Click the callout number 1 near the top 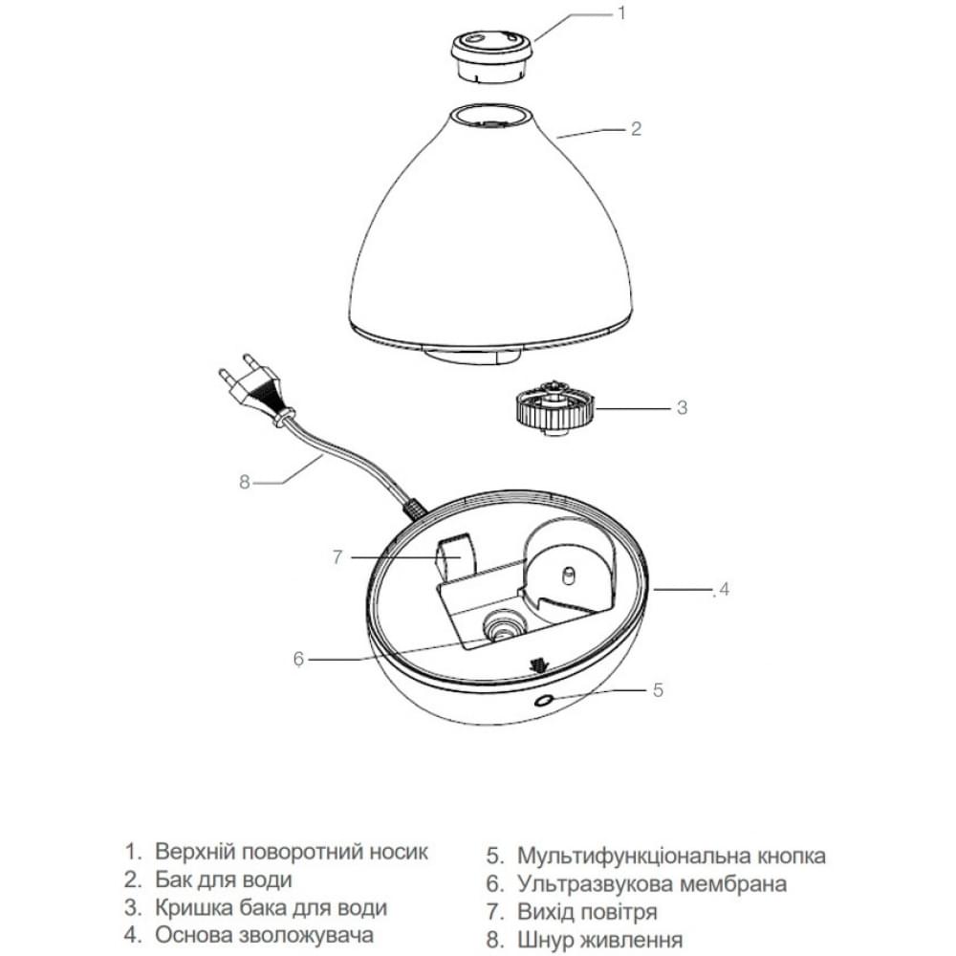[621, 12]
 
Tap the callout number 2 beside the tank [636, 129]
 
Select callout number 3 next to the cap [682, 407]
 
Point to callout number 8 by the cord [245, 482]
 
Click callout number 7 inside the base [337, 556]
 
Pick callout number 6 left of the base [298, 659]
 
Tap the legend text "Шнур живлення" [599, 940]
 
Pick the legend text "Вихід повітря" [587, 911]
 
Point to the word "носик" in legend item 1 [400, 851]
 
